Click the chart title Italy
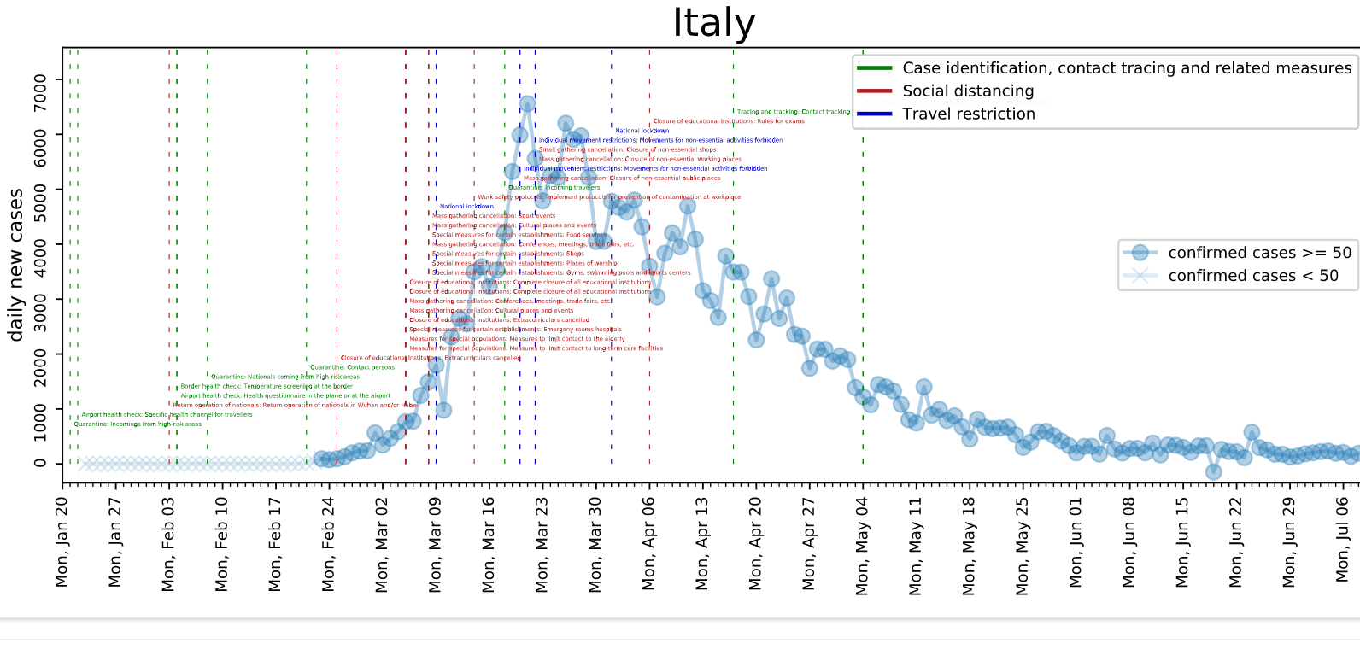click(713, 23)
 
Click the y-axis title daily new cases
click(15, 266)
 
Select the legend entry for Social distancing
click(968, 91)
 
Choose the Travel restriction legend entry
click(968, 114)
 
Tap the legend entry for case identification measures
click(1126, 68)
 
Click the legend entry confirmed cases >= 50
click(1259, 253)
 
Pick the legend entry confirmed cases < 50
click(1252, 276)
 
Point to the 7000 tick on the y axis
click(40, 79)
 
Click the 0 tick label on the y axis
click(40, 464)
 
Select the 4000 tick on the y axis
click(40, 244)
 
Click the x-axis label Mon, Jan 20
click(62, 542)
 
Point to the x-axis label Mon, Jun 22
click(1236, 543)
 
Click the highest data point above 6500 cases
click(527, 104)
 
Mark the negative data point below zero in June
click(1213, 471)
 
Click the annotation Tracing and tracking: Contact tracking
click(794, 112)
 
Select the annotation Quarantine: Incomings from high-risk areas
click(138, 424)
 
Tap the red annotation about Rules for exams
click(729, 121)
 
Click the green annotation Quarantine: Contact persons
click(352, 367)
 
